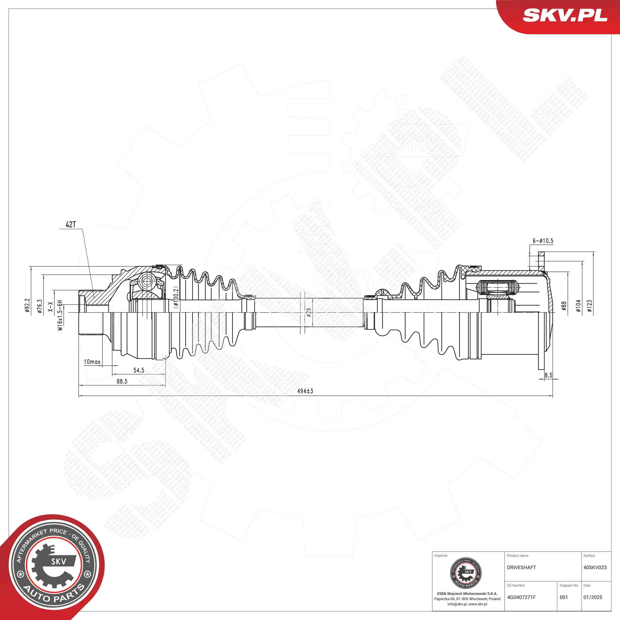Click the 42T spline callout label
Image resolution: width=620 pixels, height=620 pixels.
[71, 225]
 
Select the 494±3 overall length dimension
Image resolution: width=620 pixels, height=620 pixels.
[305, 391]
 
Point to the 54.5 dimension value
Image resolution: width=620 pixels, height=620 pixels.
[139, 370]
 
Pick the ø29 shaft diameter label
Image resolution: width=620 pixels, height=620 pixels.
[309, 312]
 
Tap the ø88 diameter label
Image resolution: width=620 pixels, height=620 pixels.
[564, 307]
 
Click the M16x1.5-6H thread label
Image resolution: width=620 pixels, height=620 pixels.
[60, 315]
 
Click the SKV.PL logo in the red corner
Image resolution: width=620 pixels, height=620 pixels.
[565, 15]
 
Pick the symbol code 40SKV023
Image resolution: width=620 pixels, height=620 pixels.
[595, 567]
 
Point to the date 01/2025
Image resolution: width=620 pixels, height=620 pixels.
[593, 597]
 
